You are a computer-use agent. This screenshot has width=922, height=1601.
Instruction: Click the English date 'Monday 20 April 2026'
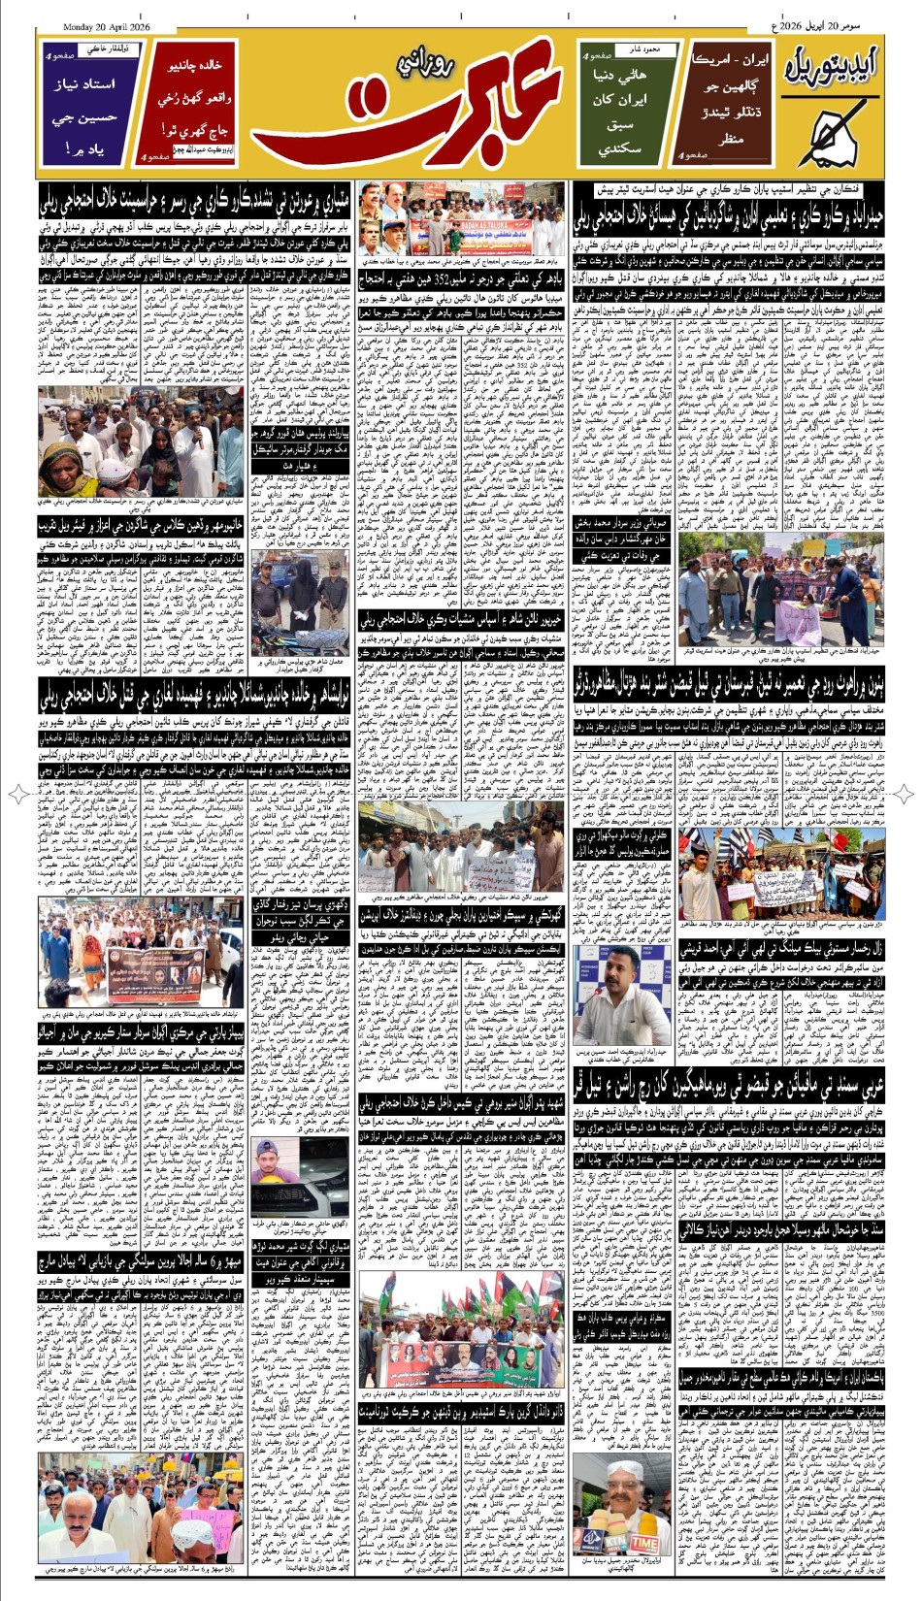(x=115, y=26)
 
